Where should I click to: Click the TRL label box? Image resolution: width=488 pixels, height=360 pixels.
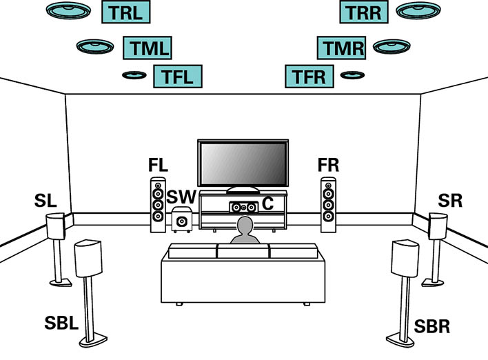[x=126, y=12]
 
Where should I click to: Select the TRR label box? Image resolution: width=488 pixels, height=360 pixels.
[x=364, y=12]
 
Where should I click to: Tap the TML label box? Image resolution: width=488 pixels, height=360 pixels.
[x=148, y=48]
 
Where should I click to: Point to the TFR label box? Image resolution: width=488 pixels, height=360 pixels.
[x=309, y=77]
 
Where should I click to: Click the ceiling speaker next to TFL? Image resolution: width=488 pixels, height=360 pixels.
[x=134, y=75]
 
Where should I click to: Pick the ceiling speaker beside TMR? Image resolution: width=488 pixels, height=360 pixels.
[x=392, y=47]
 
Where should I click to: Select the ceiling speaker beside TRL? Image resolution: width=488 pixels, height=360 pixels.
[x=68, y=10]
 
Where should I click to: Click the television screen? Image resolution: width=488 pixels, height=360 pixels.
[x=243, y=163]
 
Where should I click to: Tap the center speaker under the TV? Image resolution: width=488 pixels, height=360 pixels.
[x=244, y=207]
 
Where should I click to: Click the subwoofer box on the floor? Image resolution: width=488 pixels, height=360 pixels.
[x=182, y=219]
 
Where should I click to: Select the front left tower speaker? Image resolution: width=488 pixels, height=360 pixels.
[x=158, y=205]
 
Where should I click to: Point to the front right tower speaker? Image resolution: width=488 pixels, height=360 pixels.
[x=328, y=205]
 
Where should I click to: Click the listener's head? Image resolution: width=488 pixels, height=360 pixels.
[x=245, y=226]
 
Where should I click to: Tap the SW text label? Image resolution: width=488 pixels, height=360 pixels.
[x=181, y=197]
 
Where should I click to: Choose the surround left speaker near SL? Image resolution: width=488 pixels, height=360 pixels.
[x=56, y=226]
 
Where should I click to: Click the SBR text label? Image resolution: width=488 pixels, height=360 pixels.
[x=432, y=326]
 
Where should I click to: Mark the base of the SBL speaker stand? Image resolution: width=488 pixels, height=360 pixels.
[x=93, y=340]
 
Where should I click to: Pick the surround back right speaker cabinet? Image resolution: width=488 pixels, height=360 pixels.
[x=405, y=258]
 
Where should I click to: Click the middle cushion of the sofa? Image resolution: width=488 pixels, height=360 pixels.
[x=243, y=251]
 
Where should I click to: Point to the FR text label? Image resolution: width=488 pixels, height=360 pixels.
[x=328, y=165]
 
